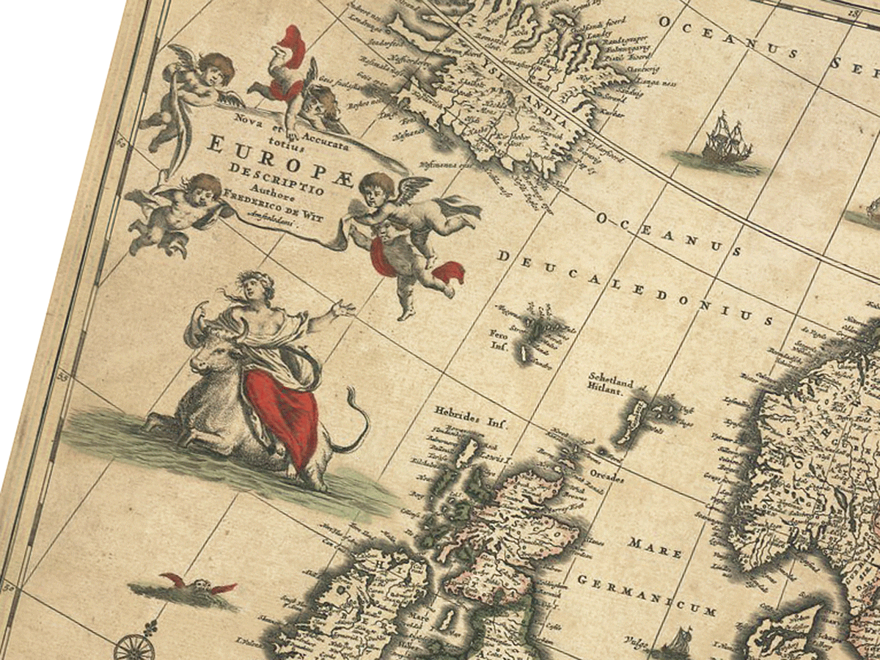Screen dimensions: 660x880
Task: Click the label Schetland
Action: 609,381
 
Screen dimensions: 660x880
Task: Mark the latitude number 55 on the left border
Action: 65,377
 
